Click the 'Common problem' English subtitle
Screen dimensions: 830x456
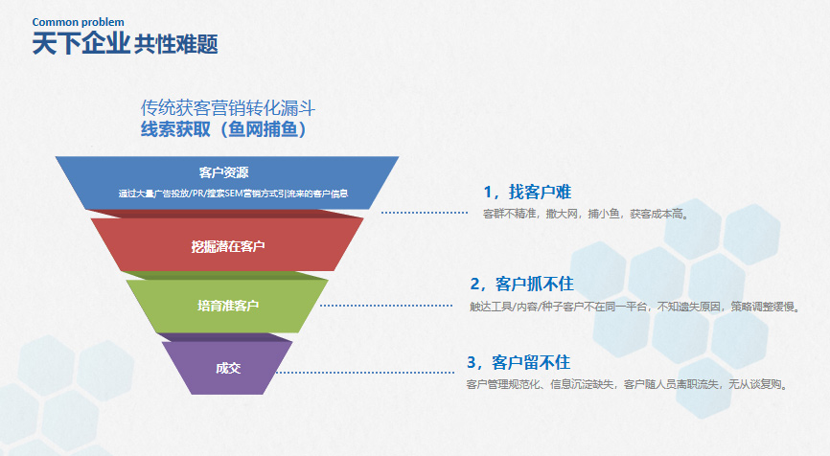(x=79, y=22)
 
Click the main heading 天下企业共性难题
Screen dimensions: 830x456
(x=125, y=43)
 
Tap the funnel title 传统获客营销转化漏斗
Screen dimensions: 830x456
(x=227, y=108)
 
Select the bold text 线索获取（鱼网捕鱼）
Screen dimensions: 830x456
(x=223, y=129)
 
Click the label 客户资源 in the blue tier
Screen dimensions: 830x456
(x=224, y=172)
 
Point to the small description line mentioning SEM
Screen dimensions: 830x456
(x=233, y=194)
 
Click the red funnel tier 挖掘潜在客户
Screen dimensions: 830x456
(x=227, y=244)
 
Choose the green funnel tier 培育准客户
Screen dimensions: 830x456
(x=227, y=306)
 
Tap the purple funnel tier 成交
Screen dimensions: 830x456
(x=227, y=368)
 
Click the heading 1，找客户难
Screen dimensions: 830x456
(x=527, y=192)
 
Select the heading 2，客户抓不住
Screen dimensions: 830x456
(x=522, y=285)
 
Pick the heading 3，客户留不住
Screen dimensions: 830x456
(x=519, y=362)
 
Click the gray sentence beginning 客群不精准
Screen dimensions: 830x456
(x=586, y=214)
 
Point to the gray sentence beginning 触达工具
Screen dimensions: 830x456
(x=635, y=307)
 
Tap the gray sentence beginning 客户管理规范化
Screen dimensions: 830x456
(x=628, y=384)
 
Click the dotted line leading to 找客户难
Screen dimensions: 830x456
(x=425, y=213)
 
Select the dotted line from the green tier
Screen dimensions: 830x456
(x=386, y=306)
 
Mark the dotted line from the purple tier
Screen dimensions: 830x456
(x=365, y=373)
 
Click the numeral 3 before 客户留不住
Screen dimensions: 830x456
(x=472, y=363)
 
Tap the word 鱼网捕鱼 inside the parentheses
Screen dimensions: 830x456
(x=263, y=129)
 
